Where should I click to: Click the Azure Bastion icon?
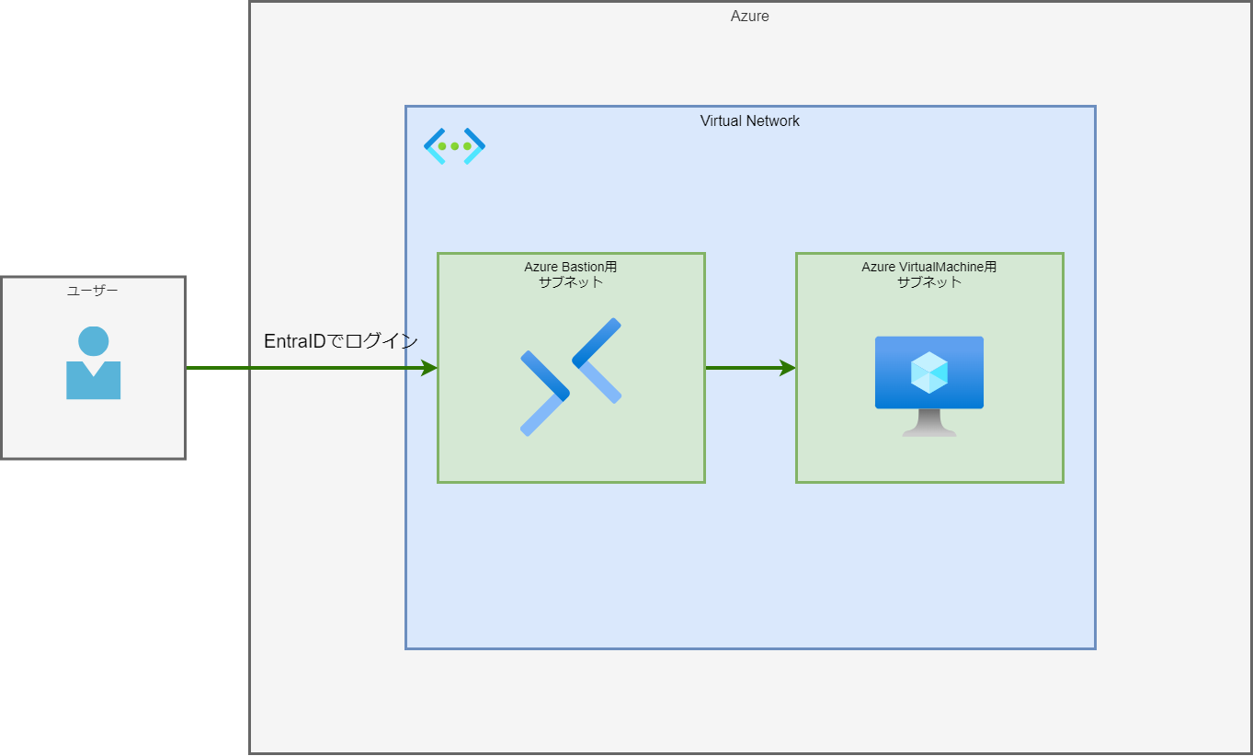click(571, 376)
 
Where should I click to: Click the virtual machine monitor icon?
click(928, 384)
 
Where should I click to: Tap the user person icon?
click(93, 363)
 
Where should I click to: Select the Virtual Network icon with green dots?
click(454, 146)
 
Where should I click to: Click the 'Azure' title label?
click(749, 16)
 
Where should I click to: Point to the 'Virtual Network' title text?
click(749, 120)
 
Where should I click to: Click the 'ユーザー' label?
click(93, 291)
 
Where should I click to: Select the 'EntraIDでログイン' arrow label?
click(340, 341)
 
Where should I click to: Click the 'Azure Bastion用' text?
click(570, 267)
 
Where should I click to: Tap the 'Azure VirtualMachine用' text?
click(928, 267)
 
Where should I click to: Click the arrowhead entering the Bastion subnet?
click(428, 368)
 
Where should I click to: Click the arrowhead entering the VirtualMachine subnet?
click(787, 368)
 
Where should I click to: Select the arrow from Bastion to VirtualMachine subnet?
click(745, 368)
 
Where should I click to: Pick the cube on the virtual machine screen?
click(928, 372)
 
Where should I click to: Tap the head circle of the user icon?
click(93, 341)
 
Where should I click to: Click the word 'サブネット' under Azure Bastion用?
click(570, 282)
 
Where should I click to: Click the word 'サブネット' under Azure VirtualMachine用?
click(928, 282)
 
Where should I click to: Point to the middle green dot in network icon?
click(454, 146)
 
